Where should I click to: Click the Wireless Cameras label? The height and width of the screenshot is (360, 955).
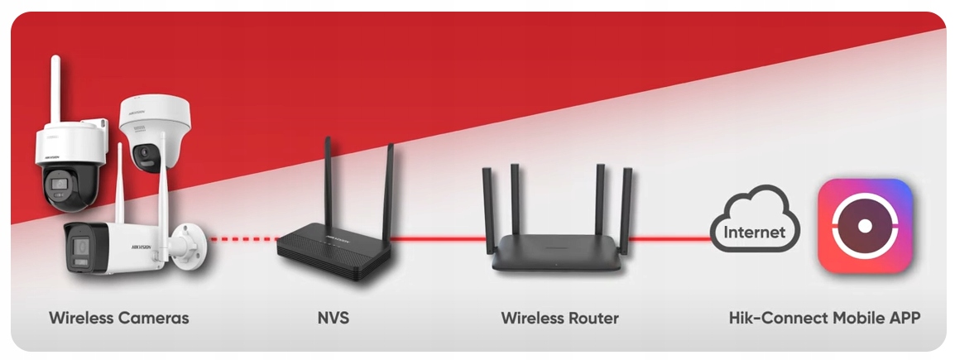(x=118, y=318)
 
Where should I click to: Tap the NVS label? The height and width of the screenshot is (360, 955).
(x=333, y=318)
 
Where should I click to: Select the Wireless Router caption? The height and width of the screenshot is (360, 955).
(x=559, y=318)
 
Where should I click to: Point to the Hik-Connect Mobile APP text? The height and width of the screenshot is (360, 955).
(x=824, y=318)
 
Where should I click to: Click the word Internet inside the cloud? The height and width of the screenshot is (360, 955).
(x=754, y=233)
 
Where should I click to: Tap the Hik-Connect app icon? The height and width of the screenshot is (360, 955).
(x=865, y=226)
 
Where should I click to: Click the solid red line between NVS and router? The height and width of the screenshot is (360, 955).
(x=439, y=239)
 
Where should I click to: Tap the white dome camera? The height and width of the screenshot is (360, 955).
(x=155, y=132)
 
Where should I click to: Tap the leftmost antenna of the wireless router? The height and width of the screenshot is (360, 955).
(x=488, y=207)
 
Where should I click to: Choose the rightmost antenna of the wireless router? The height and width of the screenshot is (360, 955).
(x=626, y=207)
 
